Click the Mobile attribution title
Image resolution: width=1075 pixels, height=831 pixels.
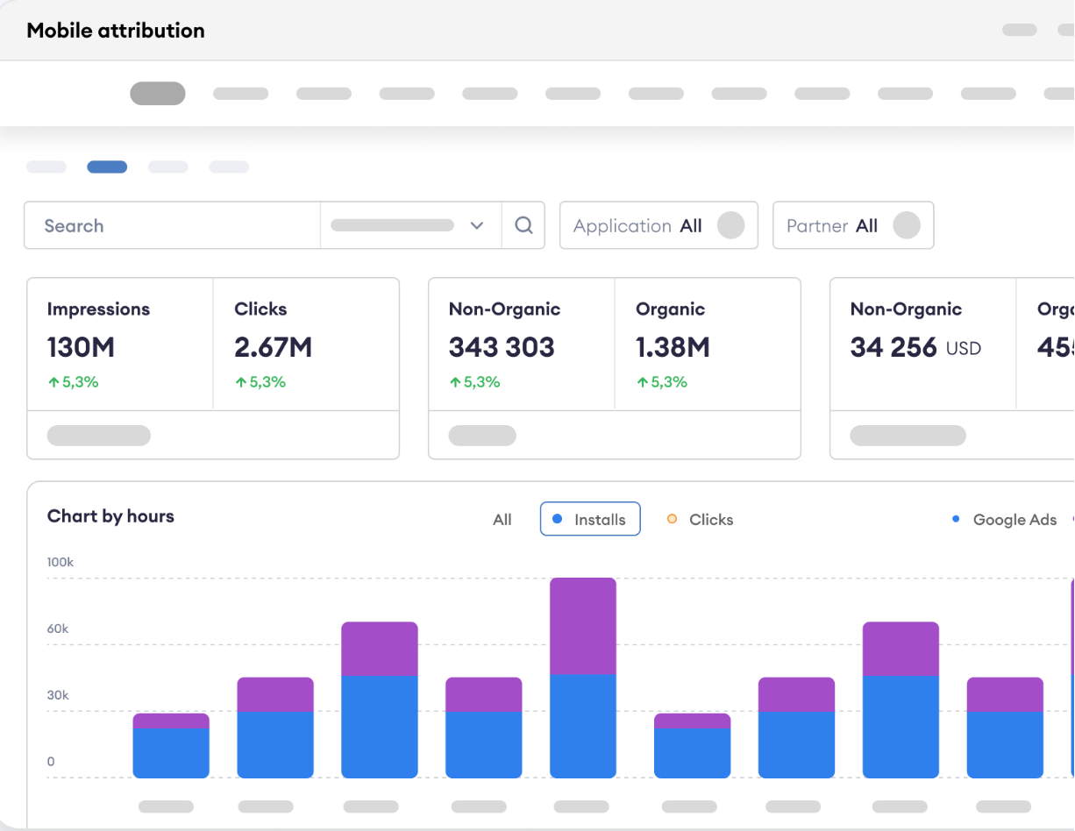pyautogui.click(x=115, y=31)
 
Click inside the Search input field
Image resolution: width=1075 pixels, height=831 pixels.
pyautogui.click(x=175, y=226)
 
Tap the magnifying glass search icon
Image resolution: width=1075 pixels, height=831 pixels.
pyautogui.click(x=523, y=226)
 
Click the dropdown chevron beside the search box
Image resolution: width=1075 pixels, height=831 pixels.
pyautogui.click(x=477, y=226)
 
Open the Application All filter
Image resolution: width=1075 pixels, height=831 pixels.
pyautogui.click(x=658, y=226)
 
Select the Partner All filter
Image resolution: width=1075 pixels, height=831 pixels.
pyautogui.click(x=852, y=226)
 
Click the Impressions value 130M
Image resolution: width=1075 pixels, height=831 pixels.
pyautogui.click(x=81, y=348)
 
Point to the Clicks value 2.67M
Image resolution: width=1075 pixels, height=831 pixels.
pyautogui.click(x=273, y=348)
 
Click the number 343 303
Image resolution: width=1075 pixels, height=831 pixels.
pyautogui.click(x=502, y=348)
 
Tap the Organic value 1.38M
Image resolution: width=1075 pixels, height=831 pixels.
pyautogui.click(x=673, y=348)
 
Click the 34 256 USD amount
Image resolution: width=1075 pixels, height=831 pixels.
pyautogui.click(x=915, y=348)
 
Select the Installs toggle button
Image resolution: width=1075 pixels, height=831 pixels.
pyautogui.click(x=590, y=519)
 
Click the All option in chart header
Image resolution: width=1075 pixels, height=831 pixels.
pyautogui.click(x=502, y=520)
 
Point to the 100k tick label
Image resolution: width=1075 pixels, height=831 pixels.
pyautogui.click(x=61, y=563)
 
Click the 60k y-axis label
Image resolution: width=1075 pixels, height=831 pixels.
pyautogui.click(x=58, y=629)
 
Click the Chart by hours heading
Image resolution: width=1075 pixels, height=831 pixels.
pyautogui.click(x=110, y=516)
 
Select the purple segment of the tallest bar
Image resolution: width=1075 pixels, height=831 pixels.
pyautogui.click(x=583, y=626)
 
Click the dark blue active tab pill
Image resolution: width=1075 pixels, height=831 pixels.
pyautogui.click(x=107, y=167)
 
